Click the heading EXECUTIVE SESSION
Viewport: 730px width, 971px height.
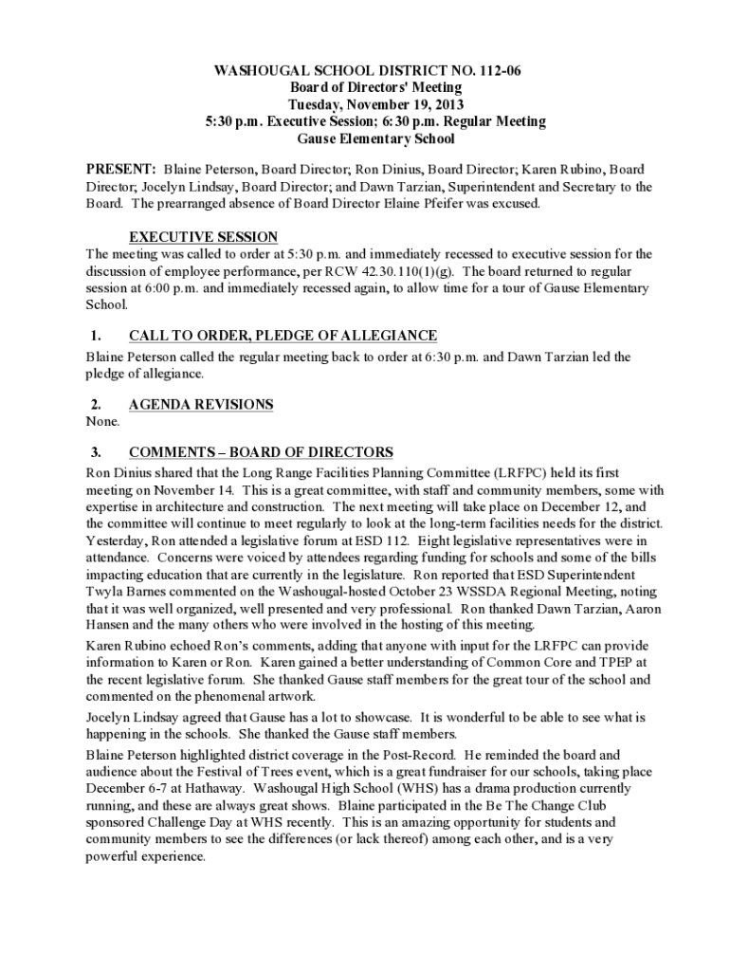203,237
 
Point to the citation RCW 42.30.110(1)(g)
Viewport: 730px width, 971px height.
409,271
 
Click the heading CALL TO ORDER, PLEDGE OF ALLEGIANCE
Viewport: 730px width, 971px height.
283,336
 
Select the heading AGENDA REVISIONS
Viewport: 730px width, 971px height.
201,404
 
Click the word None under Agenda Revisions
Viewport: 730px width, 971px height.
103,421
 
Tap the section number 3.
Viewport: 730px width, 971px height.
96,452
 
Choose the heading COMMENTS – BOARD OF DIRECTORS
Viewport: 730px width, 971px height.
261,452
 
